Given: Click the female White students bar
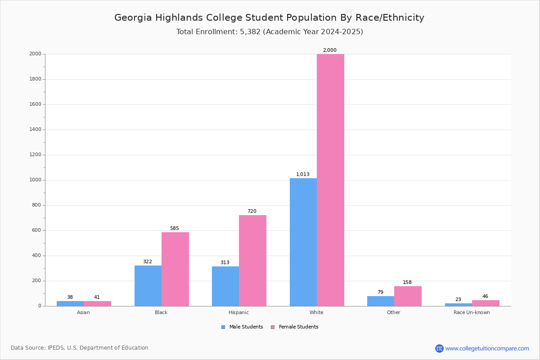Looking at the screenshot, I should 330,180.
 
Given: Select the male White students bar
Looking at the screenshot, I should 303,242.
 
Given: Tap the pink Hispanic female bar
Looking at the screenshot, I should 252,261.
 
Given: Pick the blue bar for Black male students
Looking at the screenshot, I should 148,286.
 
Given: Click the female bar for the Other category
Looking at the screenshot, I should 408,296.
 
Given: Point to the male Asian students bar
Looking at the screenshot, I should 70,303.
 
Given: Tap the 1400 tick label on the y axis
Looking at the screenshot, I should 36,130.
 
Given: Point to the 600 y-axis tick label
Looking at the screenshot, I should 37,230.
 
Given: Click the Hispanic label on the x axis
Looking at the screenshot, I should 238,312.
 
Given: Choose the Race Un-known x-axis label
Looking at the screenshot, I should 472,312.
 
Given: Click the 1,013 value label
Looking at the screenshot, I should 303,174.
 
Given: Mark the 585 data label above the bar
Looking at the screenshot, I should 175,228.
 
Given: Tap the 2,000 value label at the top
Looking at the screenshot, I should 330,50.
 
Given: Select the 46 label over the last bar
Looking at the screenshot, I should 485,296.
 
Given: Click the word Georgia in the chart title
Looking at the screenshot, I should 133,18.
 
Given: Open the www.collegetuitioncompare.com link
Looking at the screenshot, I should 487,348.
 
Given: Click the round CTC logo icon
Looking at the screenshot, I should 439,348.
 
